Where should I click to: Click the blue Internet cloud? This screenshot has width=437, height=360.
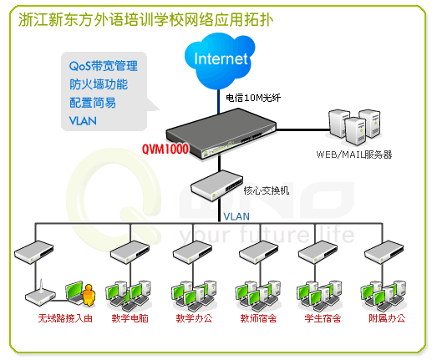pyautogui.click(x=220, y=61)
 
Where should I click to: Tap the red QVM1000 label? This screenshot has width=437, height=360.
pyautogui.click(x=165, y=149)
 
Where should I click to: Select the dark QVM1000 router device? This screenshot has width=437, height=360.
pyautogui.click(x=221, y=133)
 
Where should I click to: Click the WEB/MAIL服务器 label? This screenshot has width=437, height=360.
pyautogui.click(x=354, y=155)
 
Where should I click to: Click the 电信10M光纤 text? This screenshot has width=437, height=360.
pyautogui.click(x=253, y=98)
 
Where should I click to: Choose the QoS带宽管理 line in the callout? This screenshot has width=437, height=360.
pyautogui.click(x=104, y=66)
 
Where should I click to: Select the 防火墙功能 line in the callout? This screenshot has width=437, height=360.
pyautogui.click(x=99, y=84)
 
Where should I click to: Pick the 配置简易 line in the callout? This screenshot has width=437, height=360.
pyautogui.click(x=93, y=103)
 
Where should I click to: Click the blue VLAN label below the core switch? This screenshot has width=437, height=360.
pyautogui.click(x=236, y=216)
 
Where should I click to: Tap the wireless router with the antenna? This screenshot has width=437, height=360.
pyautogui.click(x=41, y=292)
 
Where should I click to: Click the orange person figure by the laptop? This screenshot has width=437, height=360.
pyautogui.click(x=89, y=295)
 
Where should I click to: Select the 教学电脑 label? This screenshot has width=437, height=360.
pyautogui.click(x=130, y=318)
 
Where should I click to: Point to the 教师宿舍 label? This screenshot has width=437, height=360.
pyautogui.click(x=258, y=318)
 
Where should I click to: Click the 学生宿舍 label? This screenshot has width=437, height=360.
pyautogui.click(x=323, y=318)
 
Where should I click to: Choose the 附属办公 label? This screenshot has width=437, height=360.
pyautogui.click(x=387, y=318)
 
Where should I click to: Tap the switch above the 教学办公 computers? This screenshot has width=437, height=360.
pyautogui.click(x=192, y=252)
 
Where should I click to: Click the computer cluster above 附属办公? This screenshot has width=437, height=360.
pyautogui.click(x=384, y=296)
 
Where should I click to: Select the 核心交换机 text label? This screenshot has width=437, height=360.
pyautogui.click(x=267, y=190)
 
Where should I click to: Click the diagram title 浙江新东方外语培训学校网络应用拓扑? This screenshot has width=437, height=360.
pyautogui.click(x=146, y=20)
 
